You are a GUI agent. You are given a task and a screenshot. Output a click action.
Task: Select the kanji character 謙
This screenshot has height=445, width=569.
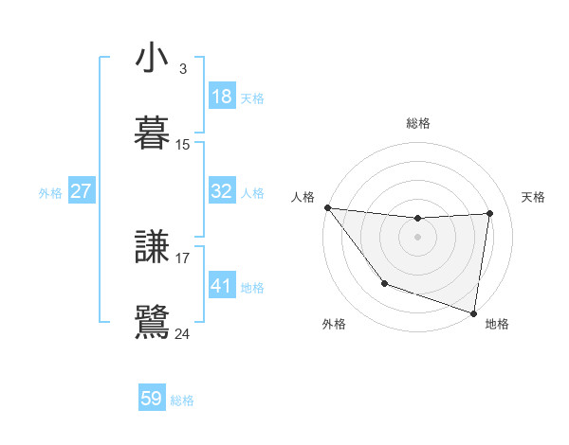coord(153,248)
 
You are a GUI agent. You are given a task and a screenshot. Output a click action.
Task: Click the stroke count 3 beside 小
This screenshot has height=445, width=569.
coord(182,69)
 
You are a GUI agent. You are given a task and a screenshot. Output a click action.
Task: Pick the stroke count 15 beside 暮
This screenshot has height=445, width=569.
coord(183,145)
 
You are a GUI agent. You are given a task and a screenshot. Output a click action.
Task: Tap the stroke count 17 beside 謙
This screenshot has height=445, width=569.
coord(183,258)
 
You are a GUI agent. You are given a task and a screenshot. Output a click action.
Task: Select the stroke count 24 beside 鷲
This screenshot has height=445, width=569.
coord(183,333)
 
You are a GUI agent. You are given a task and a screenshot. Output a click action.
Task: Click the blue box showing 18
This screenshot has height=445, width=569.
coord(221,97)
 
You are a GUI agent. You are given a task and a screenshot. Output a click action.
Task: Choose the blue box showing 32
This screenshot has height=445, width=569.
coord(221,191)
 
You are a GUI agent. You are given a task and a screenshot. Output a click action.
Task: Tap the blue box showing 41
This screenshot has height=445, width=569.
coord(221,286)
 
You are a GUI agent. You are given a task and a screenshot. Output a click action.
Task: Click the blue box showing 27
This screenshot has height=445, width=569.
coord(81,191)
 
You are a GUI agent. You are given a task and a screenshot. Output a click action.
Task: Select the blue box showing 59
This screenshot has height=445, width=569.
coord(151,399)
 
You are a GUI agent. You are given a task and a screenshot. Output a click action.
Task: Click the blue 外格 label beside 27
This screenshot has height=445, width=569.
coord(50,193)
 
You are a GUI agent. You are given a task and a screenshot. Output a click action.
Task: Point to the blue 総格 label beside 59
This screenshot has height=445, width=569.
coord(182,400)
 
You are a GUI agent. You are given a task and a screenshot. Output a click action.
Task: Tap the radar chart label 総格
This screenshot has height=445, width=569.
coord(417,123)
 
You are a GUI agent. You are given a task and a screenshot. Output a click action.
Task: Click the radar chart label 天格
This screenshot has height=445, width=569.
coord(533,197)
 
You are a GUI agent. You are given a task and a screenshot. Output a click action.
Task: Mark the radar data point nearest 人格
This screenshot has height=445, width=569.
coord(327,207)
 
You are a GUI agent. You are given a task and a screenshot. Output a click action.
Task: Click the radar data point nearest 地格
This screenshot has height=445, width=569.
coord(473,312)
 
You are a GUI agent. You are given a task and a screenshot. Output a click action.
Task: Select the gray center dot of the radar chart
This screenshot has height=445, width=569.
coord(417,237)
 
